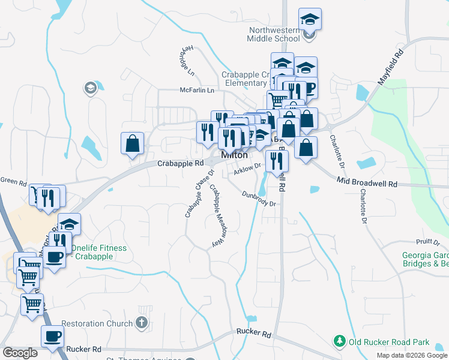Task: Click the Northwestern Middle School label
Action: [x=273, y=34]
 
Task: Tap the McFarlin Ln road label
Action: [x=197, y=91]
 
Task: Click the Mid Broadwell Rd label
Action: [x=367, y=182]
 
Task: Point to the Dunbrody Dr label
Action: [x=259, y=199]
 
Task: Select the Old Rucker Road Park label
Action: [x=389, y=342]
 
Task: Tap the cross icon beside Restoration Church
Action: [x=142, y=323]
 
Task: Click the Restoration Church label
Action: [x=97, y=324]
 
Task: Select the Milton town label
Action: [x=235, y=155]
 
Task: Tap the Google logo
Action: [x=20, y=353]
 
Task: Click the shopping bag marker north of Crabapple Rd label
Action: [x=132, y=144]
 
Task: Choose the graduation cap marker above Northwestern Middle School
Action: [x=310, y=20]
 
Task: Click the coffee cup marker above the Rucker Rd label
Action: [x=52, y=336]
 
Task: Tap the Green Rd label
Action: [x=13, y=179]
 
